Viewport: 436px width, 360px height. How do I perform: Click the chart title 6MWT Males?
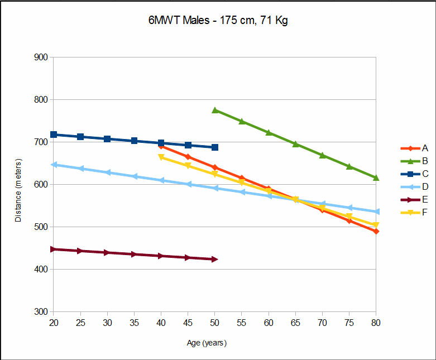pyautogui.click(x=217, y=21)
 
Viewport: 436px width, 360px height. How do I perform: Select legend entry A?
pyautogui.click(x=425, y=148)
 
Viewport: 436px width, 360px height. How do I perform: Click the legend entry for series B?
pyautogui.click(x=425, y=161)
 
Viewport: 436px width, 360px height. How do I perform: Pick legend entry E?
pyautogui.click(x=425, y=199)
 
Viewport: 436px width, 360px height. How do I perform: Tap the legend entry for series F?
pyautogui.click(x=425, y=212)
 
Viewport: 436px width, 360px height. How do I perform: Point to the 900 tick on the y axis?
pyautogui.click(x=41, y=57)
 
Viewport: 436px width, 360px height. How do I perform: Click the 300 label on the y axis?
pyautogui.click(x=41, y=311)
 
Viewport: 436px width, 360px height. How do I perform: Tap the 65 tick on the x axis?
pyautogui.click(x=295, y=322)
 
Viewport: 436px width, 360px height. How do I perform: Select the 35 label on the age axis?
pyautogui.click(x=134, y=322)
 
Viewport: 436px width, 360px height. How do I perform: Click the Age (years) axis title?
pyautogui.click(x=207, y=343)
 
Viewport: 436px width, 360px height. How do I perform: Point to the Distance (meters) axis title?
pyautogui.click(x=18, y=184)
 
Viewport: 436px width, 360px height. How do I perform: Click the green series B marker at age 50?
pyautogui.click(x=215, y=110)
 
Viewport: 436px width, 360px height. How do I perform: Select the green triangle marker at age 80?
pyautogui.click(x=376, y=177)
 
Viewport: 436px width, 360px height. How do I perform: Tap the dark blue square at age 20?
pyautogui.click(x=54, y=135)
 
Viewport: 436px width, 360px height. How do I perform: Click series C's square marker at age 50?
pyautogui.click(x=215, y=147)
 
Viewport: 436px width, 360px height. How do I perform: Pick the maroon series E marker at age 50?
pyautogui.click(x=215, y=259)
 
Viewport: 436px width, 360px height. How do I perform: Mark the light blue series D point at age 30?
pyautogui.click(x=107, y=172)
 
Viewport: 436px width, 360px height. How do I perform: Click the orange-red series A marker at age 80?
pyautogui.click(x=376, y=231)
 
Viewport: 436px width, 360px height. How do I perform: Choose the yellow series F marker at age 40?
pyautogui.click(x=161, y=157)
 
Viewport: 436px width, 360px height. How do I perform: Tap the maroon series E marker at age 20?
pyautogui.click(x=54, y=249)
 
